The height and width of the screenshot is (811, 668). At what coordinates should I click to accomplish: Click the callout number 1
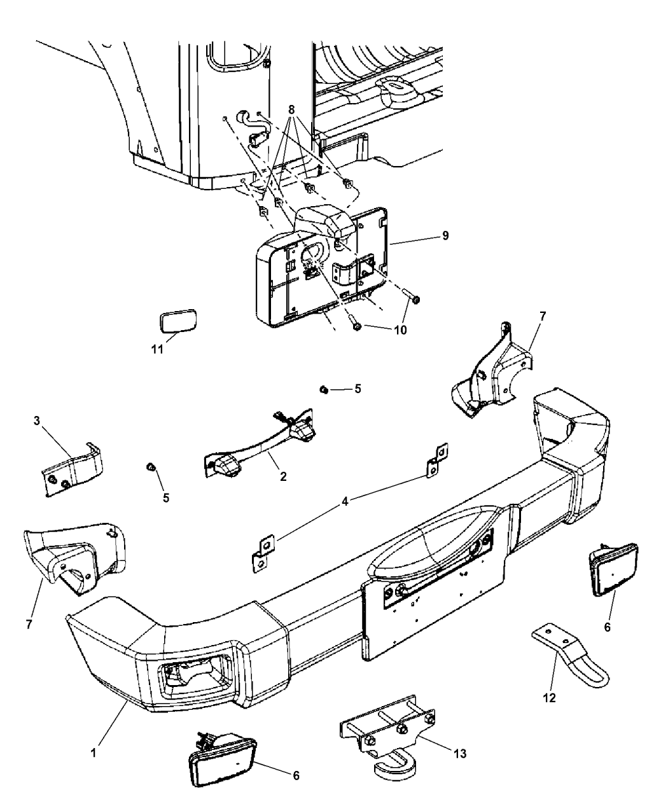(x=94, y=752)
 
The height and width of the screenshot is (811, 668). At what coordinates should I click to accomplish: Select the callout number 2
(x=282, y=476)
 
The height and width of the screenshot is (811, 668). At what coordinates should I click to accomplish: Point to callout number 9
(x=445, y=235)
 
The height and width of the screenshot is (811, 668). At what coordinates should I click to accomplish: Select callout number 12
(x=550, y=698)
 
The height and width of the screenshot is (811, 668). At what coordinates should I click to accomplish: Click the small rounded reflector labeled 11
(x=177, y=319)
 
